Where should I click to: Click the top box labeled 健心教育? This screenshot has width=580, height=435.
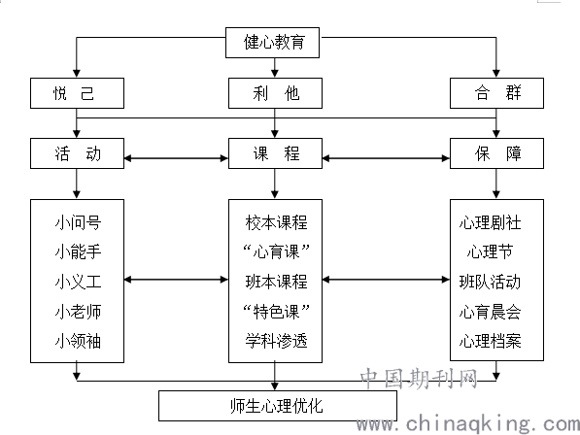(272, 43)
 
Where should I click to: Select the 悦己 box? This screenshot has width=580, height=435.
(77, 93)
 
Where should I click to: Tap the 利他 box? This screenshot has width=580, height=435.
(275, 93)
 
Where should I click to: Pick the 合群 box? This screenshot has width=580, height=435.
(496, 93)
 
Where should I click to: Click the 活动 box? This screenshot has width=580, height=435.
(77, 153)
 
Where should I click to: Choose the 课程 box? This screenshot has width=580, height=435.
(275, 153)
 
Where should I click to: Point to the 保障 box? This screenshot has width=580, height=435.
(496, 153)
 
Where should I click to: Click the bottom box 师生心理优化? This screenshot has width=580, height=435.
(278, 406)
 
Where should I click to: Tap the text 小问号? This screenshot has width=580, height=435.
(78, 223)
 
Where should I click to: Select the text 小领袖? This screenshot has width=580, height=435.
(78, 341)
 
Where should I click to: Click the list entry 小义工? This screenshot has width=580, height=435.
(78, 282)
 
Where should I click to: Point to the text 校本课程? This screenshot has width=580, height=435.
(276, 223)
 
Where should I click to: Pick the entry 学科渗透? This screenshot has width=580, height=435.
(276, 341)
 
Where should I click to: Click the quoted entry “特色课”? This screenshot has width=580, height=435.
(276, 311)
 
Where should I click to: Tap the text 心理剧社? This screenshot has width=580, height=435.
(490, 223)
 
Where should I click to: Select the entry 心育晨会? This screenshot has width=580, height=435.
(490, 312)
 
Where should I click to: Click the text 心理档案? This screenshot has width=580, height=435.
(490, 341)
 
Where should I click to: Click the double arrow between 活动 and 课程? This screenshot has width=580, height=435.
(176, 158)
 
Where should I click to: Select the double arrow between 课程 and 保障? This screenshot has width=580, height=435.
(386, 158)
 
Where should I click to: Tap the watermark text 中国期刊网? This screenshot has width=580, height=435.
(419, 378)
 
